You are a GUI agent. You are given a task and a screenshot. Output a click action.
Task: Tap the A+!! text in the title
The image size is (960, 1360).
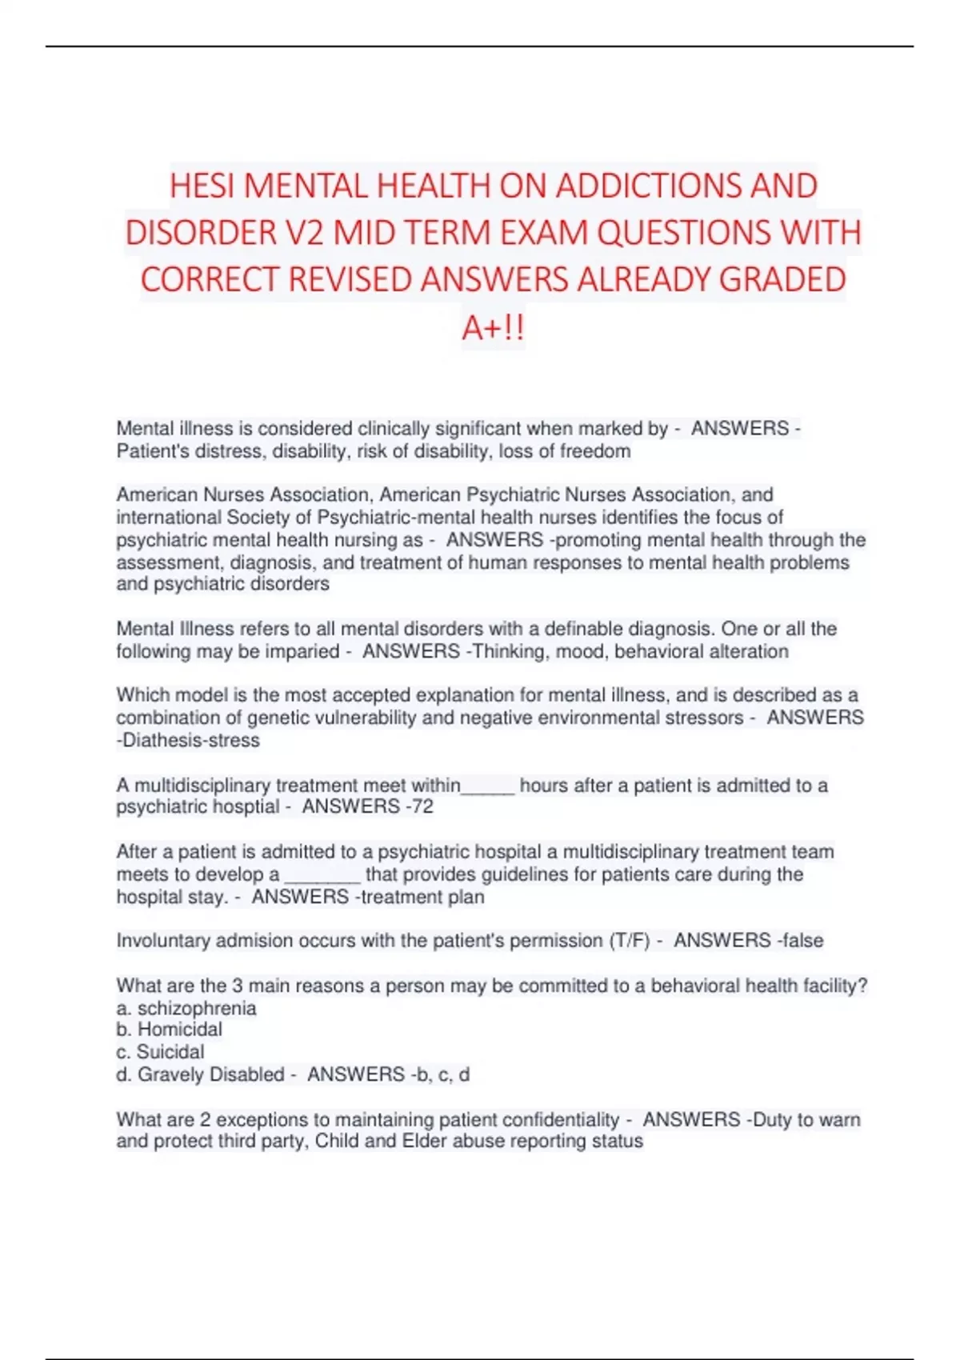[493, 327]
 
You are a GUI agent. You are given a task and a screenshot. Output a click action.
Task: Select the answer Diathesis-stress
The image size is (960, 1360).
[190, 740]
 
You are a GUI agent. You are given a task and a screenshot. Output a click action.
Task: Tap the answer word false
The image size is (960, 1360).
[802, 940]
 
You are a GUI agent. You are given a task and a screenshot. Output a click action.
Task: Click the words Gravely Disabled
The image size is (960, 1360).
[211, 1074]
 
